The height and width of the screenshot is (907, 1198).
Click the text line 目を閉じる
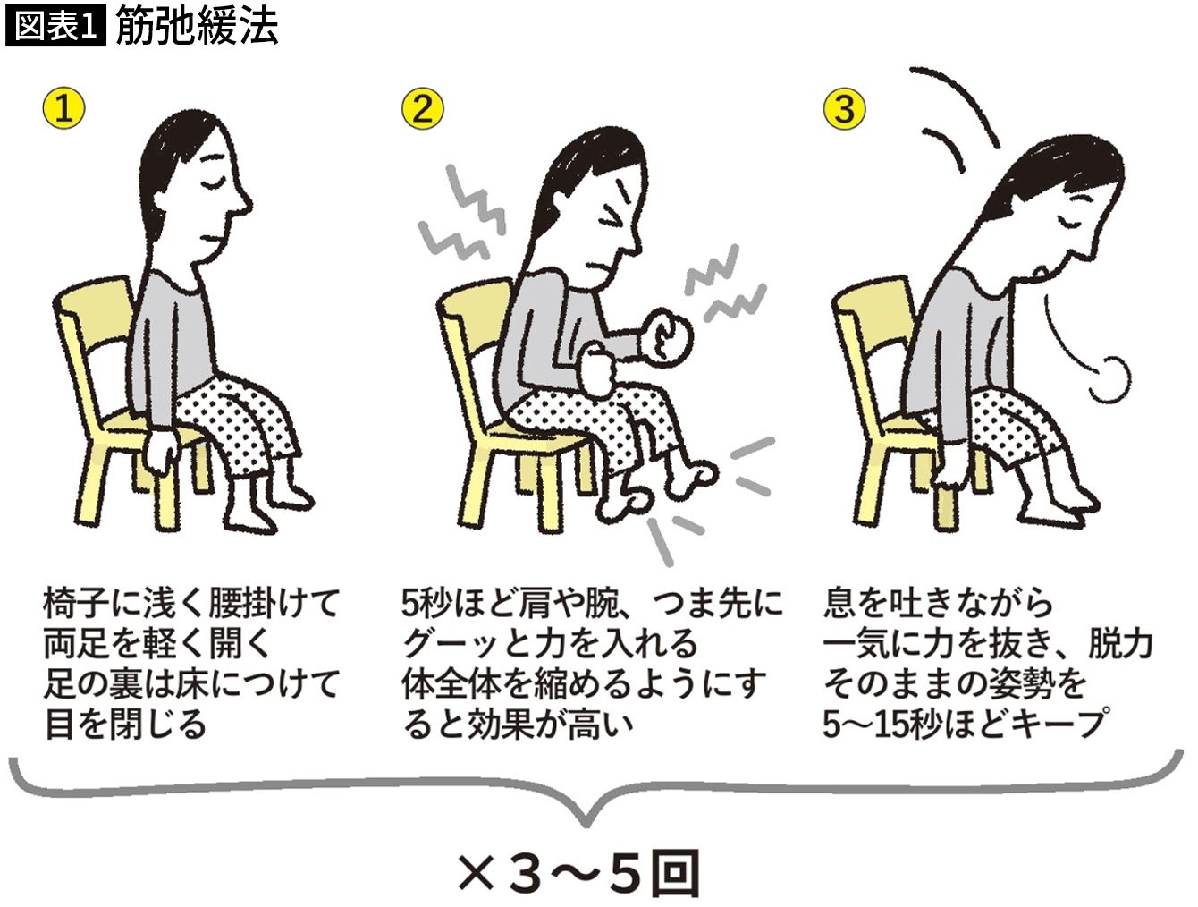(x=125, y=725)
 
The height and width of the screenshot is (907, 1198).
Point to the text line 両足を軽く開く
(x=157, y=644)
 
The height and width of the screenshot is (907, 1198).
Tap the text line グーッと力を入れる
(x=549, y=644)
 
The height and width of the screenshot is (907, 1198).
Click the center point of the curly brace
(x=586, y=821)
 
